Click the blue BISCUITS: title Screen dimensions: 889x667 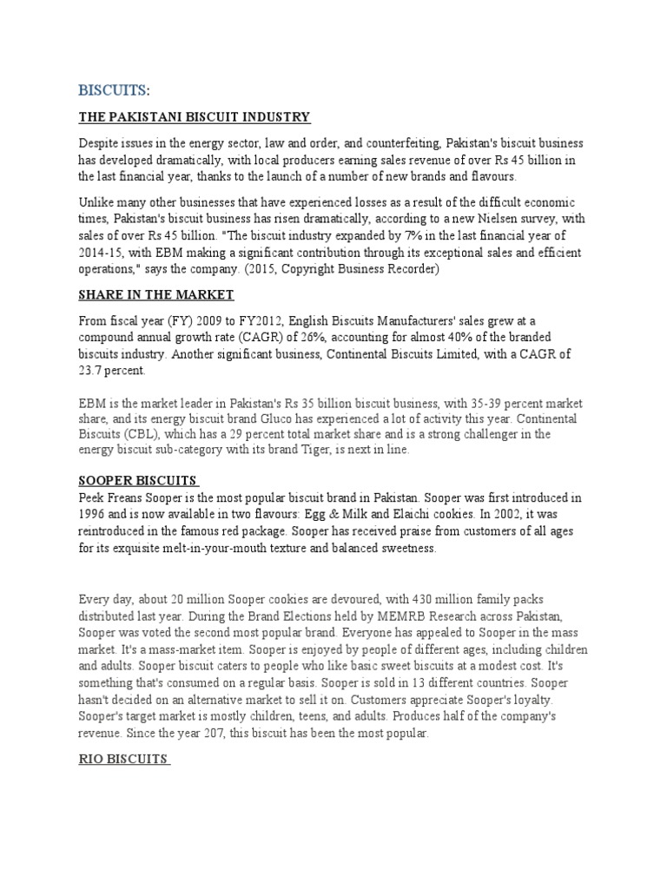coord(114,90)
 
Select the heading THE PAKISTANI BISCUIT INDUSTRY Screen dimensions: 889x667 coord(195,117)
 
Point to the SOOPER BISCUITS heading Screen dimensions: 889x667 coord(139,481)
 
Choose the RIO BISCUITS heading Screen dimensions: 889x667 coord(123,759)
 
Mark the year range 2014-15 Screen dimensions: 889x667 coord(102,253)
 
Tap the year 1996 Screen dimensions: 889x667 coord(93,514)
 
